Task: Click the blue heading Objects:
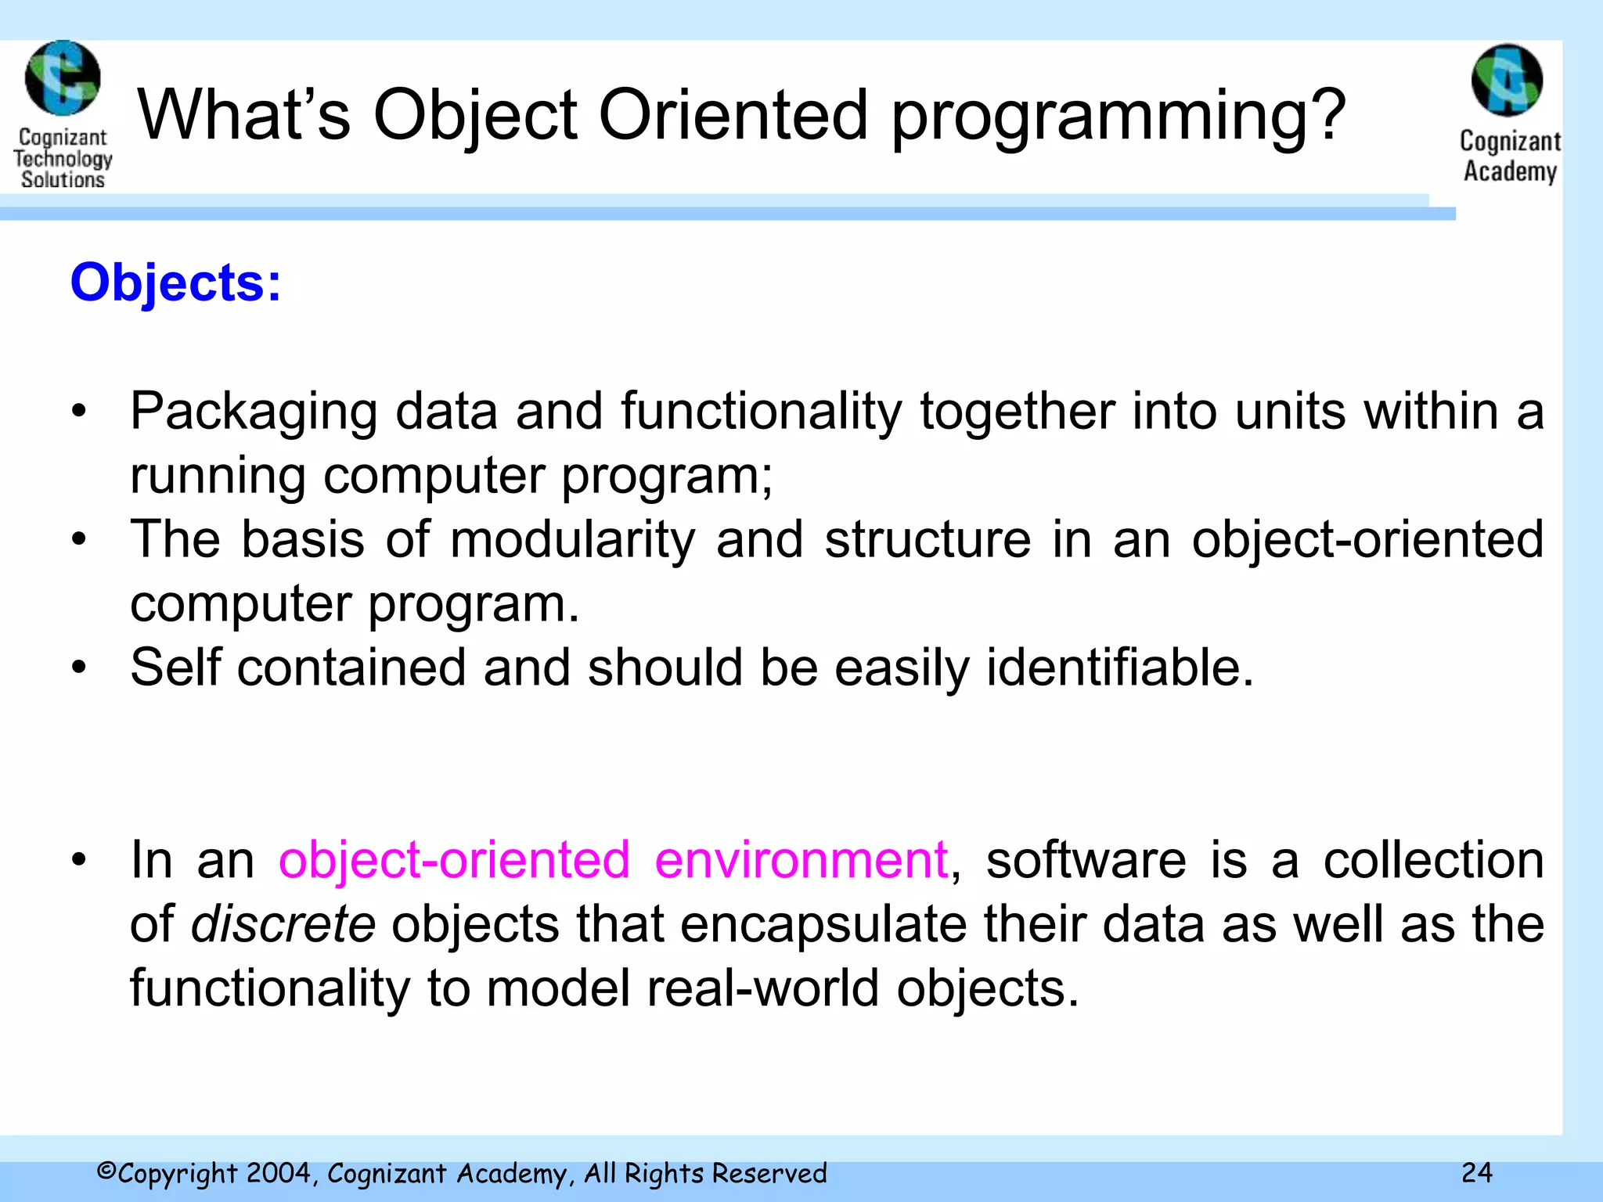click(175, 283)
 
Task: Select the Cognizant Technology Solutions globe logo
click(63, 78)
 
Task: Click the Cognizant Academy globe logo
click(1507, 81)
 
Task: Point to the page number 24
click(1476, 1172)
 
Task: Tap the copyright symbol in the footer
click(106, 1171)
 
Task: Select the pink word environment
click(801, 860)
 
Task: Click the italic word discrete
click(283, 924)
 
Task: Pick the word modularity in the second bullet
click(572, 540)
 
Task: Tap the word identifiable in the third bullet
click(1119, 668)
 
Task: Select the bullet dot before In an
click(78, 860)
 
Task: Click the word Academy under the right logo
click(1510, 171)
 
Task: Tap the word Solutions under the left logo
click(63, 180)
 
